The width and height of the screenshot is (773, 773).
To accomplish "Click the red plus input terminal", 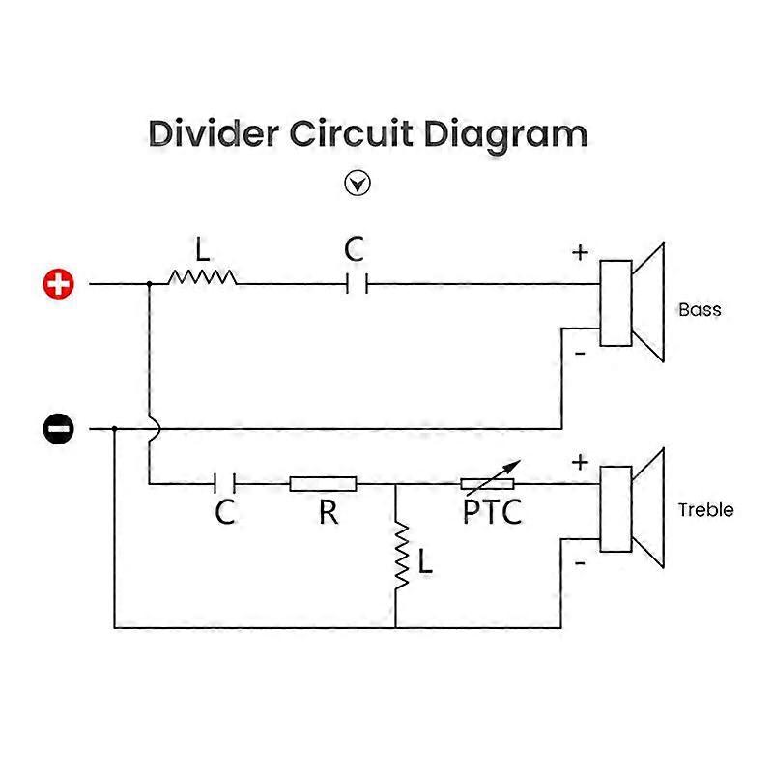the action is coord(58,284).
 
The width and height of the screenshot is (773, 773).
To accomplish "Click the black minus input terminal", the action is coord(58,428).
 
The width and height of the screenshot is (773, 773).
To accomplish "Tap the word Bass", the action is coord(700,309).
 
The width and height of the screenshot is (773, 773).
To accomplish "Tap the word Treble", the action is coord(705,510).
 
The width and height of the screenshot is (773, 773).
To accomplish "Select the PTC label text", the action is coord(493,512).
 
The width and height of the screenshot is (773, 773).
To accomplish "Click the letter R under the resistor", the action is coord(329,512).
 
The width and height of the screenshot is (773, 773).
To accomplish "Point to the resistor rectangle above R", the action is coord(323,484).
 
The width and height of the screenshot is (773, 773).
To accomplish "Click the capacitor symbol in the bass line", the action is coord(357,284).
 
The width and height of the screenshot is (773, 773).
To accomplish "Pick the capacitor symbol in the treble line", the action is coord(225,484).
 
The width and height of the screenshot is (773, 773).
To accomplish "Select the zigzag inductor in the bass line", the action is coord(202,277).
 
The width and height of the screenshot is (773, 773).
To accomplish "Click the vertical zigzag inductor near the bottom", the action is coord(402,556).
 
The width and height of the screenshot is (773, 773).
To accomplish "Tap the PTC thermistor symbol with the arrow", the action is coord(488,480).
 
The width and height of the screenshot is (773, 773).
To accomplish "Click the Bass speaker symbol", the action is coord(632,302).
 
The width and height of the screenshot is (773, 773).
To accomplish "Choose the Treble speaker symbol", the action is coord(632,508).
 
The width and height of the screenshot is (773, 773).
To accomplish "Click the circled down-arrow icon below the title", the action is coord(358,184).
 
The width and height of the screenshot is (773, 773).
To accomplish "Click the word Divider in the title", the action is coord(214,133).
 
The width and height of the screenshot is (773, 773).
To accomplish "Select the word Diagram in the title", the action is coord(505,136).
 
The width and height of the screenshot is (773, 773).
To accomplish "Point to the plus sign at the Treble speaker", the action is coord(581,463).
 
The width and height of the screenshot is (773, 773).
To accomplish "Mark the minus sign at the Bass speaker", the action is coord(581,354).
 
